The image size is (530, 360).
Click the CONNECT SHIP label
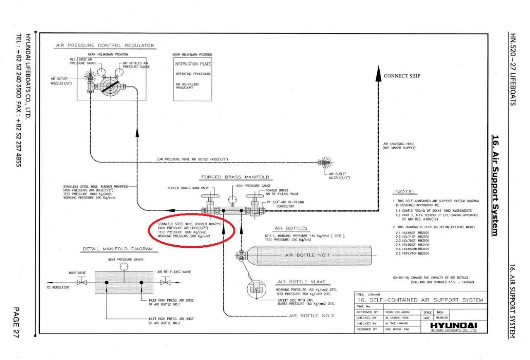(x=402, y=76)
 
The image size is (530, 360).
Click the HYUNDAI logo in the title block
(x=454, y=325)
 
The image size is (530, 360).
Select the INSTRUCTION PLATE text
(x=193, y=64)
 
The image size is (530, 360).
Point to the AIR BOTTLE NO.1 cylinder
(x=306, y=255)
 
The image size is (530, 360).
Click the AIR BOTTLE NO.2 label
(x=311, y=316)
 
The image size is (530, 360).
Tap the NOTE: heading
(x=405, y=192)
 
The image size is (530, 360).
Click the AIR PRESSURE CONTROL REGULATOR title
(x=105, y=46)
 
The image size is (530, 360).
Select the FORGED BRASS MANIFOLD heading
(x=235, y=177)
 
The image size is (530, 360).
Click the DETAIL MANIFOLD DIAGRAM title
(x=118, y=249)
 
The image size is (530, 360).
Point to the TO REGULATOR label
(x=58, y=287)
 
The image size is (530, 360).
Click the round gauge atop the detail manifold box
(x=123, y=267)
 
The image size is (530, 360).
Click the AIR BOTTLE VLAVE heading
(x=298, y=282)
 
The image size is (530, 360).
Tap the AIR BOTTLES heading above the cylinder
(x=291, y=228)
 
